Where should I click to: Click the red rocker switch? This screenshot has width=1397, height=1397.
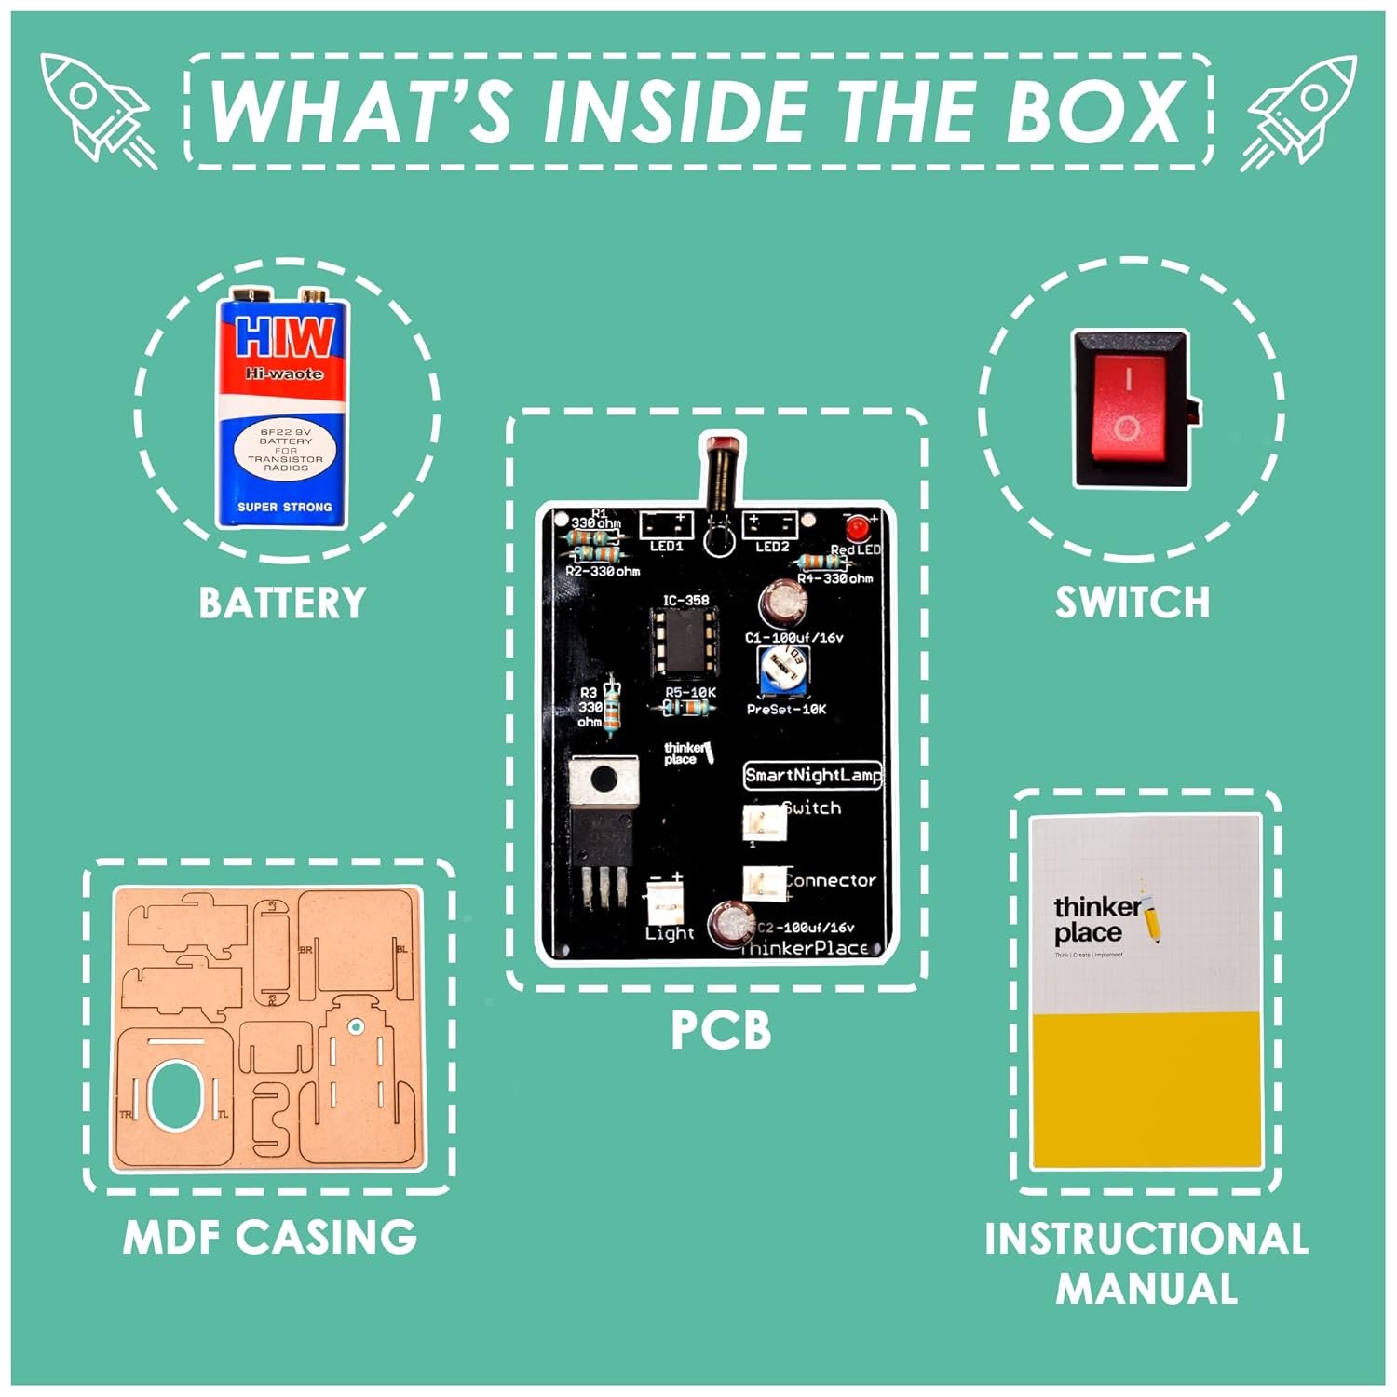click(x=1129, y=408)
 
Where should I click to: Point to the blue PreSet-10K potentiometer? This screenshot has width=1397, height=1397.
click(x=782, y=671)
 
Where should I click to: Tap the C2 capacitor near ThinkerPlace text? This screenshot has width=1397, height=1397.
click(x=731, y=924)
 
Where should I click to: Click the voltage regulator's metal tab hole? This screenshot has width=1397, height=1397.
click(x=604, y=776)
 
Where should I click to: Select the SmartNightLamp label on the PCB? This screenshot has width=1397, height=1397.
click(x=812, y=775)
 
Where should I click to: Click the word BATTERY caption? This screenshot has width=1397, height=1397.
click(x=282, y=603)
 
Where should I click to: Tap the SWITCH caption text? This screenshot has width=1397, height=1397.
click(x=1132, y=603)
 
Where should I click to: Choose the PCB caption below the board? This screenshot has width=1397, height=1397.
click(x=721, y=1031)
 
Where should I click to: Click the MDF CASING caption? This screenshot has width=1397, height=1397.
click(x=270, y=1237)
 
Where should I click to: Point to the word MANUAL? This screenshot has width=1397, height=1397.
click(x=1146, y=1289)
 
